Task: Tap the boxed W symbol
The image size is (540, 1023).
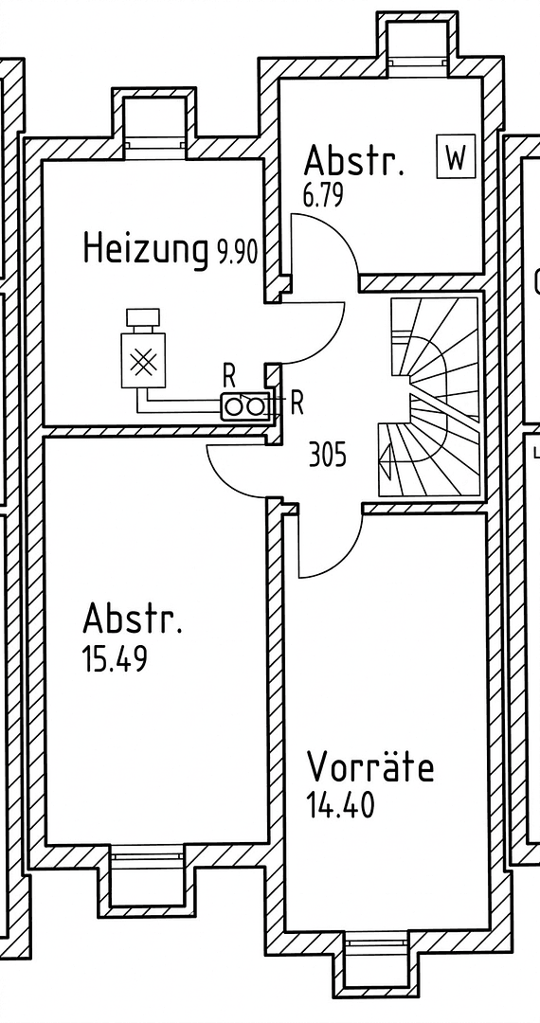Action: [456, 157]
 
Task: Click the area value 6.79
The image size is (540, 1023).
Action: [323, 197]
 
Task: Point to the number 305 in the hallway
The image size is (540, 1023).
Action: [328, 456]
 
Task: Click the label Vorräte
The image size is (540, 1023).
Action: [370, 765]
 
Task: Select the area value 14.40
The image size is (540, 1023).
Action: [340, 806]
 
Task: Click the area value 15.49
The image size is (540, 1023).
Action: [115, 659]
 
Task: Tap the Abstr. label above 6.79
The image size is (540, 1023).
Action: [354, 161]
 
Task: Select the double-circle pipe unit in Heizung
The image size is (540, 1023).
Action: [245, 405]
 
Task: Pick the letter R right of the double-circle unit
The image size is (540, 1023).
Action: [296, 404]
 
